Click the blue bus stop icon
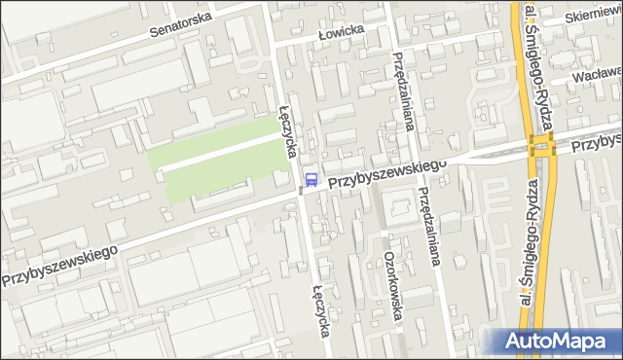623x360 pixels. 311,178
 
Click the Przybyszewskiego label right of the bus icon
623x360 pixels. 386,173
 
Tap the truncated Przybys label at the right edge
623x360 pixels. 596,140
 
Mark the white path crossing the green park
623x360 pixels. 219,153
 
